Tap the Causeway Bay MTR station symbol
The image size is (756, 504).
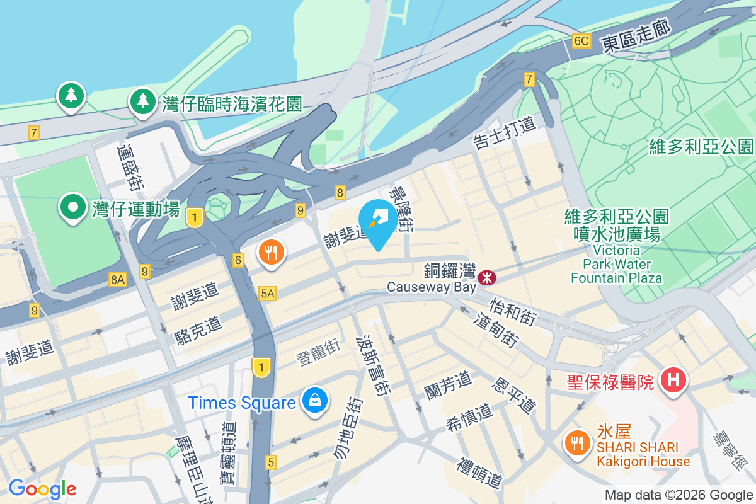[x=486, y=277]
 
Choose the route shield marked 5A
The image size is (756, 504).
[x=267, y=293]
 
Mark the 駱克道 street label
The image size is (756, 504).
[x=198, y=329]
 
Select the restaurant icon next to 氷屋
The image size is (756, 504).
[x=576, y=443]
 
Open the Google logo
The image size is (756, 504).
[x=42, y=489]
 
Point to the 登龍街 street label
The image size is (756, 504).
[x=318, y=353]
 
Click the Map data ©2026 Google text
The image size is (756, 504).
[x=679, y=495]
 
